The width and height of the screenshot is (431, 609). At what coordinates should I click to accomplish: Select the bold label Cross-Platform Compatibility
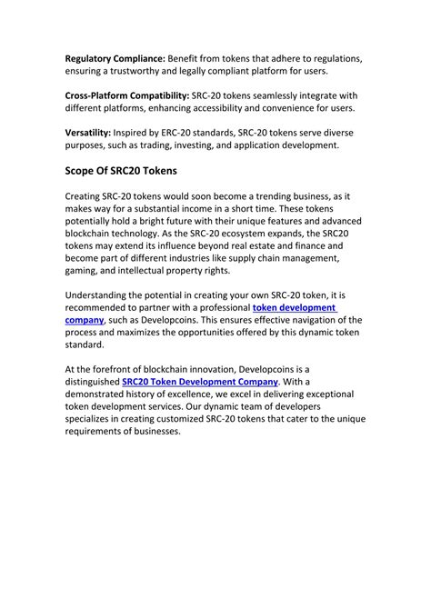pos(126,95)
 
